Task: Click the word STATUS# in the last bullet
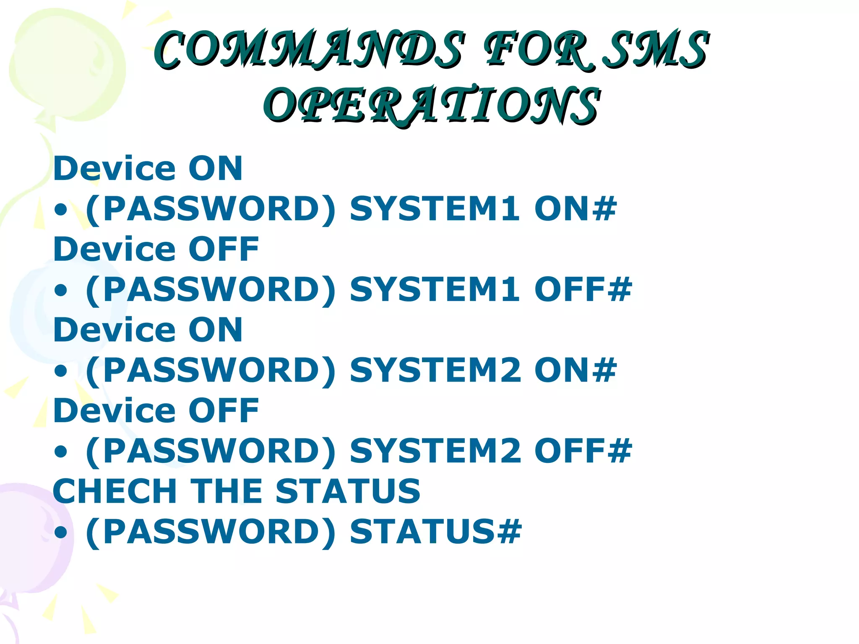(x=436, y=531)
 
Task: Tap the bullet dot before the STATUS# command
(x=61, y=532)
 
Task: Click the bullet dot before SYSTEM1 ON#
(x=61, y=210)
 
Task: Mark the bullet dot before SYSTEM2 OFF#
(x=61, y=452)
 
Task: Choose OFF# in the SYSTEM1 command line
(x=583, y=289)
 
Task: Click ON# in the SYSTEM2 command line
(x=575, y=370)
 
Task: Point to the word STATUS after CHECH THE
(x=348, y=491)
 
